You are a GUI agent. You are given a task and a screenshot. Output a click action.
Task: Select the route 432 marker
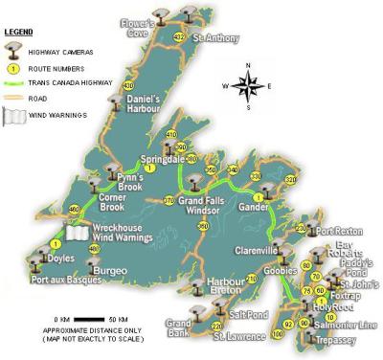tap(178, 36)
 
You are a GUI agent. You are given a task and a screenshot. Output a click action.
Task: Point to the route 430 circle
tap(128, 85)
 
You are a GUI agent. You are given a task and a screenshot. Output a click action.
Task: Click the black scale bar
tap(88, 317)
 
